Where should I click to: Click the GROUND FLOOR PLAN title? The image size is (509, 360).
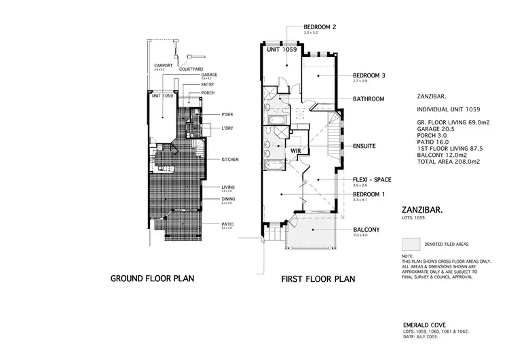(153, 278)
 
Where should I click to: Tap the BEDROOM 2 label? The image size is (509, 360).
(320, 26)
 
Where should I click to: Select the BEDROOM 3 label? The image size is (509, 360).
(369, 75)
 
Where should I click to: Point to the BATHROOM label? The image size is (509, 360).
(369, 99)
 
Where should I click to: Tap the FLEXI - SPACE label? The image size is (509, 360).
(372, 179)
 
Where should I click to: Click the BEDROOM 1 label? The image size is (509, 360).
(369, 194)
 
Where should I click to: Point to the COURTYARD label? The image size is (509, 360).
(191, 69)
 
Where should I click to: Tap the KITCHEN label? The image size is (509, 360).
(231, 160)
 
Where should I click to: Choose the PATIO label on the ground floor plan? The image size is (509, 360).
(227, 223)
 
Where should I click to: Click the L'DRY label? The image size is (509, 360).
(228, 128)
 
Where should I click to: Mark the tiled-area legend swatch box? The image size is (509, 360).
(412, 243)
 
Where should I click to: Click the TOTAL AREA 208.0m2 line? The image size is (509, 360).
(449, 162)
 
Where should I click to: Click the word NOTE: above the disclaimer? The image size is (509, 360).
(408, 256)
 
